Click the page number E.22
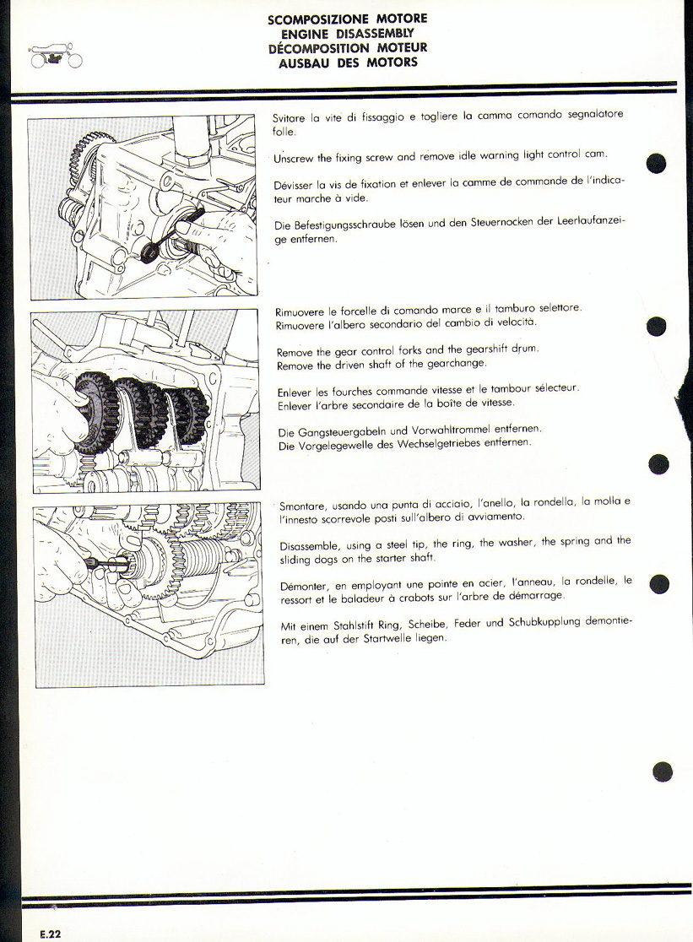51,934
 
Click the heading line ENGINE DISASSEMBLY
348,34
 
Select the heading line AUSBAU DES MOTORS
348,62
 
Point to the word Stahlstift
349,625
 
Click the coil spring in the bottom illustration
202,559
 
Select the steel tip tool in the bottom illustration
107,563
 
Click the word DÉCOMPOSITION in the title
319,48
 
